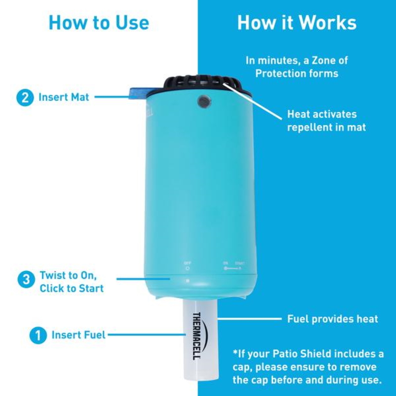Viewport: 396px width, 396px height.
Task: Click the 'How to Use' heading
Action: pyautogui.click(x=99, y=23)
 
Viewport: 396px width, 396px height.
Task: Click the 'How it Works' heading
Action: pyautogui.click(x=297, y=23)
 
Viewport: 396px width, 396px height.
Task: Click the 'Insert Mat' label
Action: pyautogui.click(x=64, y=97)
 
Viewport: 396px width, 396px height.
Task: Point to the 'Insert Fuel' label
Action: pyautogui.click(x=78, y=335)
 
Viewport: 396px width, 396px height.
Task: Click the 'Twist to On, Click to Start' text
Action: pyautogui.click(x=71, y=281)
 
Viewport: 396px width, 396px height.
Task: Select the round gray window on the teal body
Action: pyautogui.click(x=202, y=101)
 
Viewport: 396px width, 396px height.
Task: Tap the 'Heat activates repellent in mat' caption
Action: pyautogui.click(x=327, y=121)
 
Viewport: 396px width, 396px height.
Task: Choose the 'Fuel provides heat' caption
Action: pyautogui.click(x=333, y=319)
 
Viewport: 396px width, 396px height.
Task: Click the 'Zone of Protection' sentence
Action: pyautogui.click(x=297, y=67)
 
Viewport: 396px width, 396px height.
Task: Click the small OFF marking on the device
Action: pyautogui.click(x=187, y=263)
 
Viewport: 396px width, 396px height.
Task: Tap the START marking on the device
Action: pyautogui.click(x=240, y=263)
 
